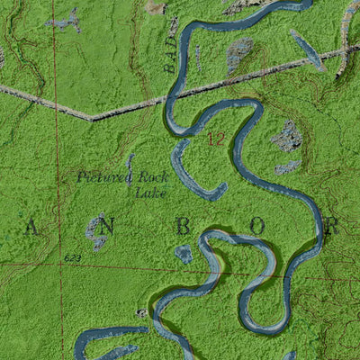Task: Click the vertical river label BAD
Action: (171, 60)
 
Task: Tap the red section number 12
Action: (216, 139)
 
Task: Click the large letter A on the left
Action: (31, 228)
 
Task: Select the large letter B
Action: (183, 228)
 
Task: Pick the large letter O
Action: (257, 228)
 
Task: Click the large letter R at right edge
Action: (329, 227)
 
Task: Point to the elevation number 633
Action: (73, 257)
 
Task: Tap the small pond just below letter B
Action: (184, 255)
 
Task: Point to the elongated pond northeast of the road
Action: (307, 49)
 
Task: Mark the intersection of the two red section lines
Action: (61, 265)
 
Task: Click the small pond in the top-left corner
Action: (63, 21)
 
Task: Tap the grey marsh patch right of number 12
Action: (289, 137)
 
